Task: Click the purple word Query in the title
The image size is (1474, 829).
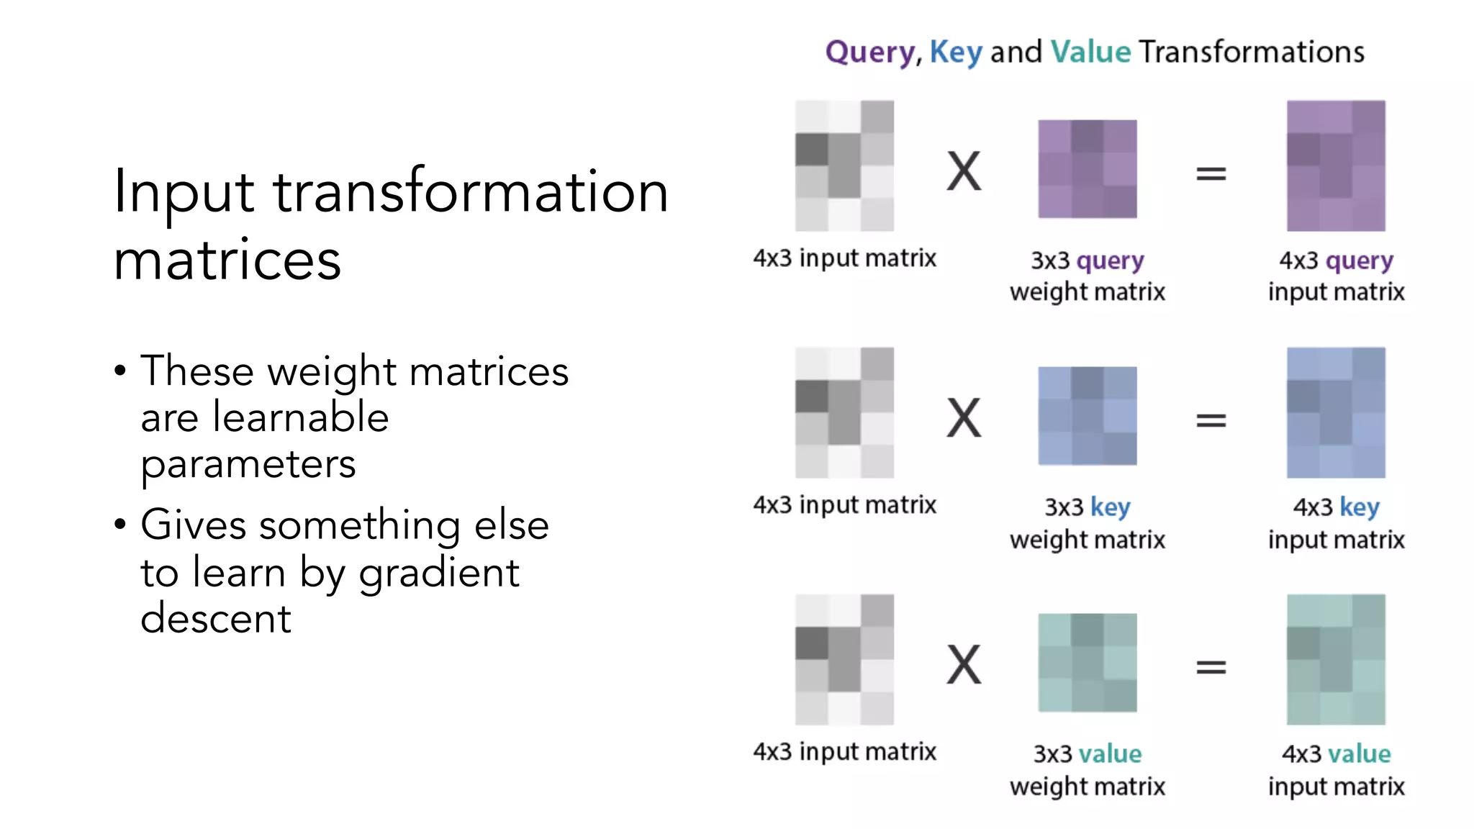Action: point(869,53)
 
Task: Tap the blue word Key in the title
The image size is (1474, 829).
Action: point(955,53)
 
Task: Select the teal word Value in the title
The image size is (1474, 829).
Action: point(1090,53)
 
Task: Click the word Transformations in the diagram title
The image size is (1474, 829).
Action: point(1252,53)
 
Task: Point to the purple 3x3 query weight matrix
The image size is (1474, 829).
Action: point(1087,169)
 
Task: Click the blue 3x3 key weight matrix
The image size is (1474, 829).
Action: point(1087,416)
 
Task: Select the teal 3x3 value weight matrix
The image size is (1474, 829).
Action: point(1087,663)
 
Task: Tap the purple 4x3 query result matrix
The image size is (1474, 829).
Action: point(1336,166)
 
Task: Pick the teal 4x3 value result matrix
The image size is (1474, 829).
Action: point(1336,659)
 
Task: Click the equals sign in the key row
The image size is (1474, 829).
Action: point(1211,420)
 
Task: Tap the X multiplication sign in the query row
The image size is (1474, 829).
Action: point(964,172)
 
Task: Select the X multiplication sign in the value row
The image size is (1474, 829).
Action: point(964,665)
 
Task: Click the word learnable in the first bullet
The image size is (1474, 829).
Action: point(301,417)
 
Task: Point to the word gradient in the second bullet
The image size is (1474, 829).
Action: point(439,574)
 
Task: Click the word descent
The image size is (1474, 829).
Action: point(215,619)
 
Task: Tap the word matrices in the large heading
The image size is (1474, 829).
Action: point(227,260)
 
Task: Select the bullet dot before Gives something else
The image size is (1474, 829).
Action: point(120,524)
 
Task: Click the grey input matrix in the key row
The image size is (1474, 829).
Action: point(844,413)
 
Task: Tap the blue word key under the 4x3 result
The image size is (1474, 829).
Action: point(1359,507)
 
